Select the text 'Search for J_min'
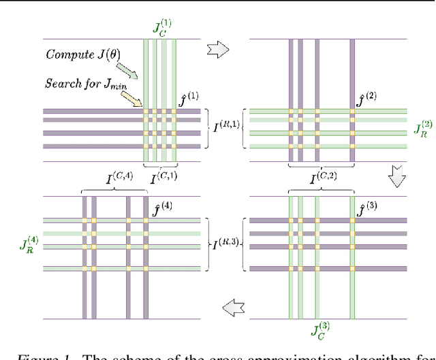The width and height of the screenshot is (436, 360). (x=81, y=83)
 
